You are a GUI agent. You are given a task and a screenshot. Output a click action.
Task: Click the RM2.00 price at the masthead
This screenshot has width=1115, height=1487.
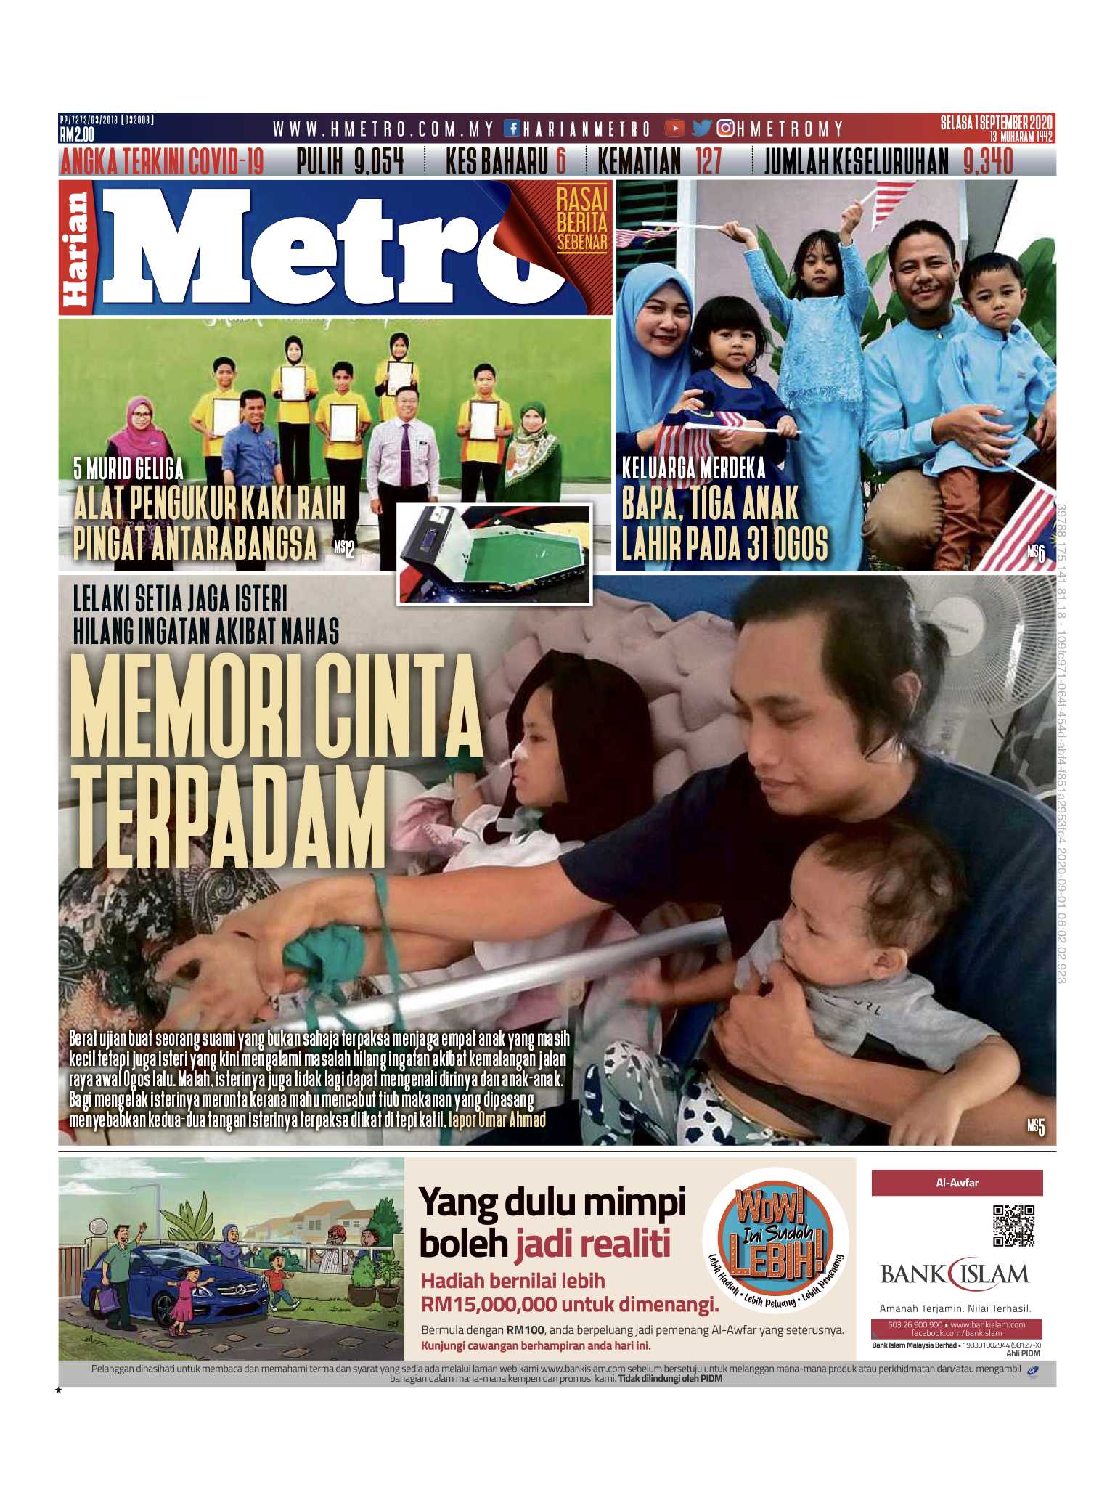[77, 134]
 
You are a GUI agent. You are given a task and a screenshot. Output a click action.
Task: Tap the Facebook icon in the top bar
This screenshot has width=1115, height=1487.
[512, 129]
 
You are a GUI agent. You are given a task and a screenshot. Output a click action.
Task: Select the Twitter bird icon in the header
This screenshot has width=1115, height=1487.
[701, 129]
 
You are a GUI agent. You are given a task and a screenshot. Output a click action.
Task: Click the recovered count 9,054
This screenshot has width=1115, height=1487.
[378, 161]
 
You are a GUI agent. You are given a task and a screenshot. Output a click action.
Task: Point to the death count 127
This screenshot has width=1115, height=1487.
[708, 161]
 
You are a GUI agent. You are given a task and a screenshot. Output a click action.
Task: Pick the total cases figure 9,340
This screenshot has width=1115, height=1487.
[988, 161]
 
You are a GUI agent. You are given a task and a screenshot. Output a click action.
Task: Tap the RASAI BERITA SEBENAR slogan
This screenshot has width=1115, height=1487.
[581, 219]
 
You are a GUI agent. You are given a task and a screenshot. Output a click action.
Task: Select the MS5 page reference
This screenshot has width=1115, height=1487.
[1035, 1127]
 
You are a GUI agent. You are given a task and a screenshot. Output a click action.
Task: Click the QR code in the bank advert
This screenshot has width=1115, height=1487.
[1013, 1226]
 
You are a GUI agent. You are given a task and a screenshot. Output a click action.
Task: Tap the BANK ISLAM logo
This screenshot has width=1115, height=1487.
[955, 1274]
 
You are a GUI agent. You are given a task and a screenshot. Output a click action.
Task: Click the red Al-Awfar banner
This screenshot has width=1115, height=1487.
[957, 1183]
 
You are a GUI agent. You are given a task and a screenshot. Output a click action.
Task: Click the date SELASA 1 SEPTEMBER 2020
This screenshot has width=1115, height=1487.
[996, 122]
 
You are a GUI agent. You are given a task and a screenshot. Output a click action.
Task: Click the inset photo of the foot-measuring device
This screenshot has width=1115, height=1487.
[494, 553]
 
